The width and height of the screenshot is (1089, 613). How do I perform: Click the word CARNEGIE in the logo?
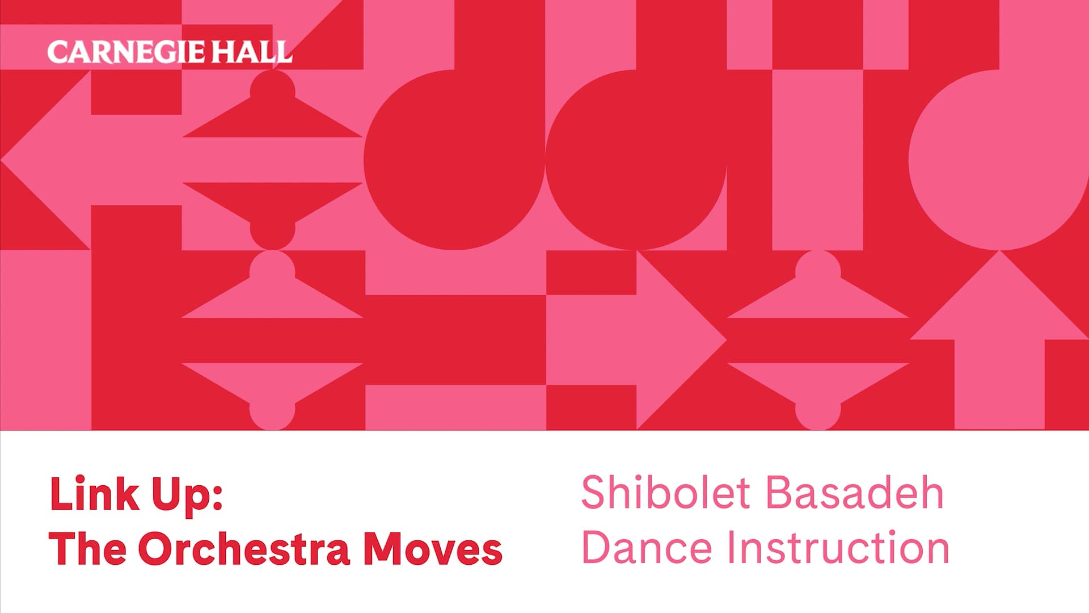[x=125, y=52]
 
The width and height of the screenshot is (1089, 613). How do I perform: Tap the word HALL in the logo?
[x=252, y=52]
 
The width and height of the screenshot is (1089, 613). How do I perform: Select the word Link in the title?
[x=94, y=494]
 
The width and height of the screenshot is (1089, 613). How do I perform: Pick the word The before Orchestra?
[x=88, y=549]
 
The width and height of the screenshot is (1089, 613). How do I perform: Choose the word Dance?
[x=647, y=548]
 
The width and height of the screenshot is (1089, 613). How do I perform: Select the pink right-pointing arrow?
[x=652, y=339]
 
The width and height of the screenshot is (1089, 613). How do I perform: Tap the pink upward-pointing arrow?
[x=999, y=341]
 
